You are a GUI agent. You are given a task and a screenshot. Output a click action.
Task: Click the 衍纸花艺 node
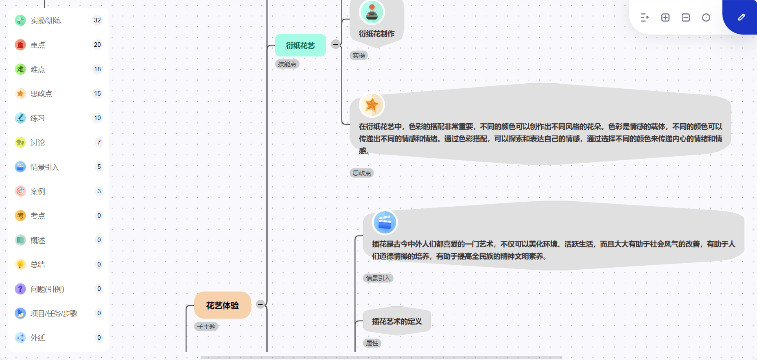click(300, 45)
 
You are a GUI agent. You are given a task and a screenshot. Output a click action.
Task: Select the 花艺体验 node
click(222, 305)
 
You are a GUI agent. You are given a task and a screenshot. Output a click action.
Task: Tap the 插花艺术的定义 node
click(397, 321)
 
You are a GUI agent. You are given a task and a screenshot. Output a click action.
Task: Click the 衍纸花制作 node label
click(376, 34)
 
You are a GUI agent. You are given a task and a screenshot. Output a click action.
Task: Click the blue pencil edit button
click(741, 17)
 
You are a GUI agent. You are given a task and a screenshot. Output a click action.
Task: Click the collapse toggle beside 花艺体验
click(260, 304)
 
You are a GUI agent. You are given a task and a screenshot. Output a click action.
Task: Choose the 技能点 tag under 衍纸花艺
click(287, 64)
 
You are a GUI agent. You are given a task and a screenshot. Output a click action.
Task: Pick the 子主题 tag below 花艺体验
click(206, 326)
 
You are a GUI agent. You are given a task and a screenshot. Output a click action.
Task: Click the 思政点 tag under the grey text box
click(362, 173)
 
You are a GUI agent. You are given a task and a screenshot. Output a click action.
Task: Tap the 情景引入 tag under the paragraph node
click(378, 278)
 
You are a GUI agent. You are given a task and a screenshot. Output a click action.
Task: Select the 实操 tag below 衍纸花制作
click(359, 55)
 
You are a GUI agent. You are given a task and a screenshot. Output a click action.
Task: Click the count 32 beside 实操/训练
click(97, 20)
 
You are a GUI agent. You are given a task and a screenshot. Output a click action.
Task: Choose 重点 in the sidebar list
click(38, 45)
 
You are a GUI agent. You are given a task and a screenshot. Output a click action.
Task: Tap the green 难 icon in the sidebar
click(20, 69)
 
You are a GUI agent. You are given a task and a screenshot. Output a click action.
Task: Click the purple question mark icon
click(20, 289)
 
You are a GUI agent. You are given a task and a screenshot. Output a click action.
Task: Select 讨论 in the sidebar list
click(38, 142)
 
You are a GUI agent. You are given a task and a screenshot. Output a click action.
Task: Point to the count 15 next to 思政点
click(97, 94)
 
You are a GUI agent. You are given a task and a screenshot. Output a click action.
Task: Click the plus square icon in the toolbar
click(665, 17)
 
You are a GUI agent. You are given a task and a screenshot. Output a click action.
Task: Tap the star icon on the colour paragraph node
click(372, 105)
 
